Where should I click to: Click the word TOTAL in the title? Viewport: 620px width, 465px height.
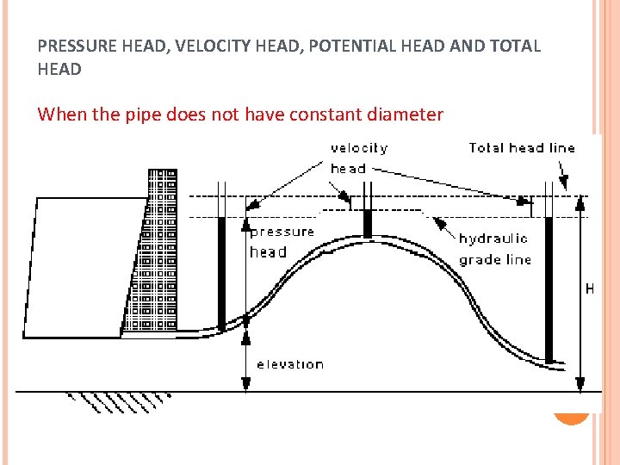[514, 46]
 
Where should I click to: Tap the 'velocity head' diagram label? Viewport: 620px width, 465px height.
[358, 158]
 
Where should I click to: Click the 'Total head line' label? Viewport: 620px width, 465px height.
[521, 148]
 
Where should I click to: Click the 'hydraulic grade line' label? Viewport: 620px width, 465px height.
[494, 249]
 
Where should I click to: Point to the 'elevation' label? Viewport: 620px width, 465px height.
[290, 364]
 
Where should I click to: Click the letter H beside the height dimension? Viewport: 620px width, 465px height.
[589, 290]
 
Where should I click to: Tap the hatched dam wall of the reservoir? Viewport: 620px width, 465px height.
[155, 258]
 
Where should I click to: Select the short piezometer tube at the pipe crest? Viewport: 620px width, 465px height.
[368, 224]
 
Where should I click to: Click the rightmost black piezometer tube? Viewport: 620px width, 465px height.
[549, 276]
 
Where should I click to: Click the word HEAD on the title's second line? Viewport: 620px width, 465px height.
[59, 69]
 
